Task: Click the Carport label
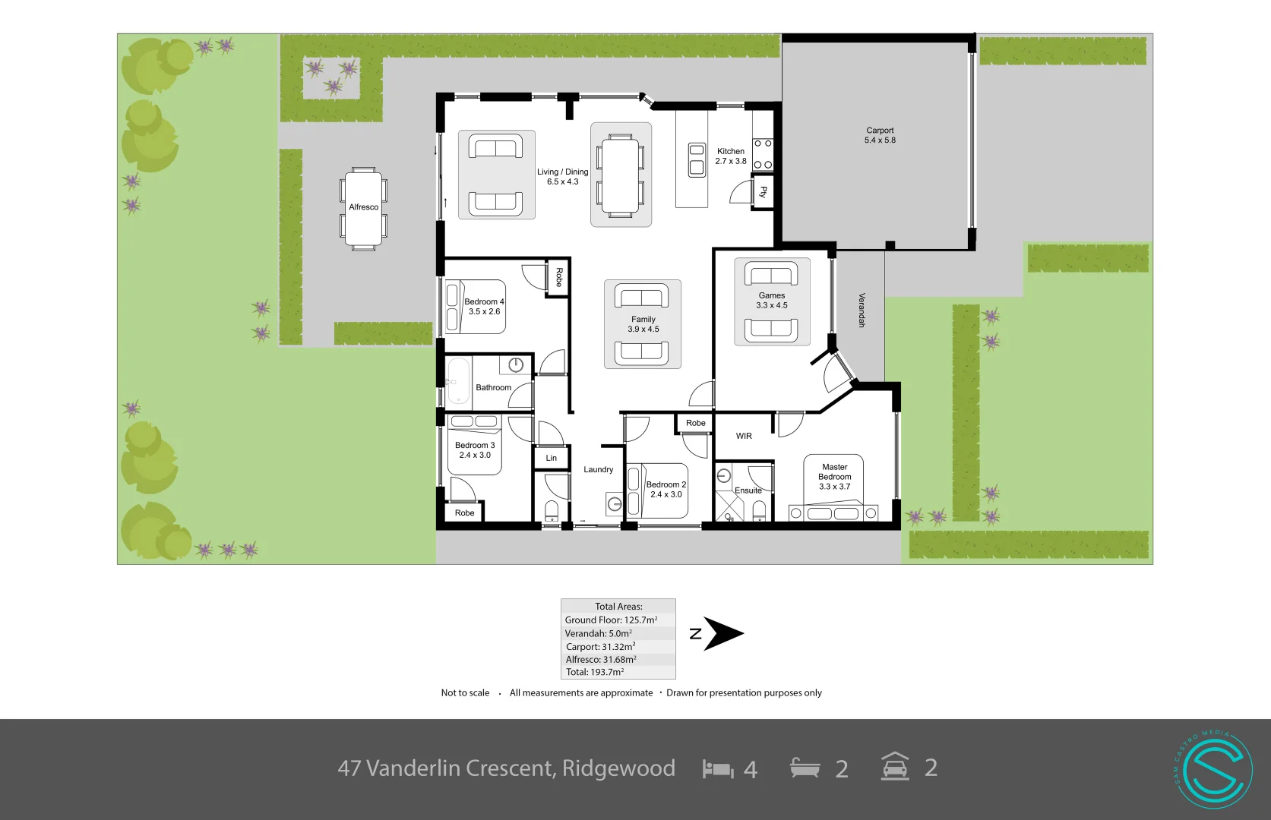(x=880, y=131)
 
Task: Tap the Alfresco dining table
(x=363, y=207)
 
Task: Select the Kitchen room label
(x=731, y=151)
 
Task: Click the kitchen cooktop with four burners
(x=763, y=154)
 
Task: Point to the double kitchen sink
(x=697, y=159)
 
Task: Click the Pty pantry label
(x=764, y=191)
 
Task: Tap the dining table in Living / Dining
(x=620, y=175)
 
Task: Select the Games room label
(x=771, y=295)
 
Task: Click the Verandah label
(x=862, y=310)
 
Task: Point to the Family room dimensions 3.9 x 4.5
(x=643, y=330)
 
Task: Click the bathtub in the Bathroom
(x=458, y=380)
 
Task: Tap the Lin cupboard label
(x=552, y=458)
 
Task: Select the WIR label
(x=744, y=436)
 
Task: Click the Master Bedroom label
(x=834, y=472)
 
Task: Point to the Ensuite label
(x=748, y=490)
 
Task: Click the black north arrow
(x=722, y=634)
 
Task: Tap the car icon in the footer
(x=895, y=767)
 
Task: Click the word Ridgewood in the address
(x=618, y=768)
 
